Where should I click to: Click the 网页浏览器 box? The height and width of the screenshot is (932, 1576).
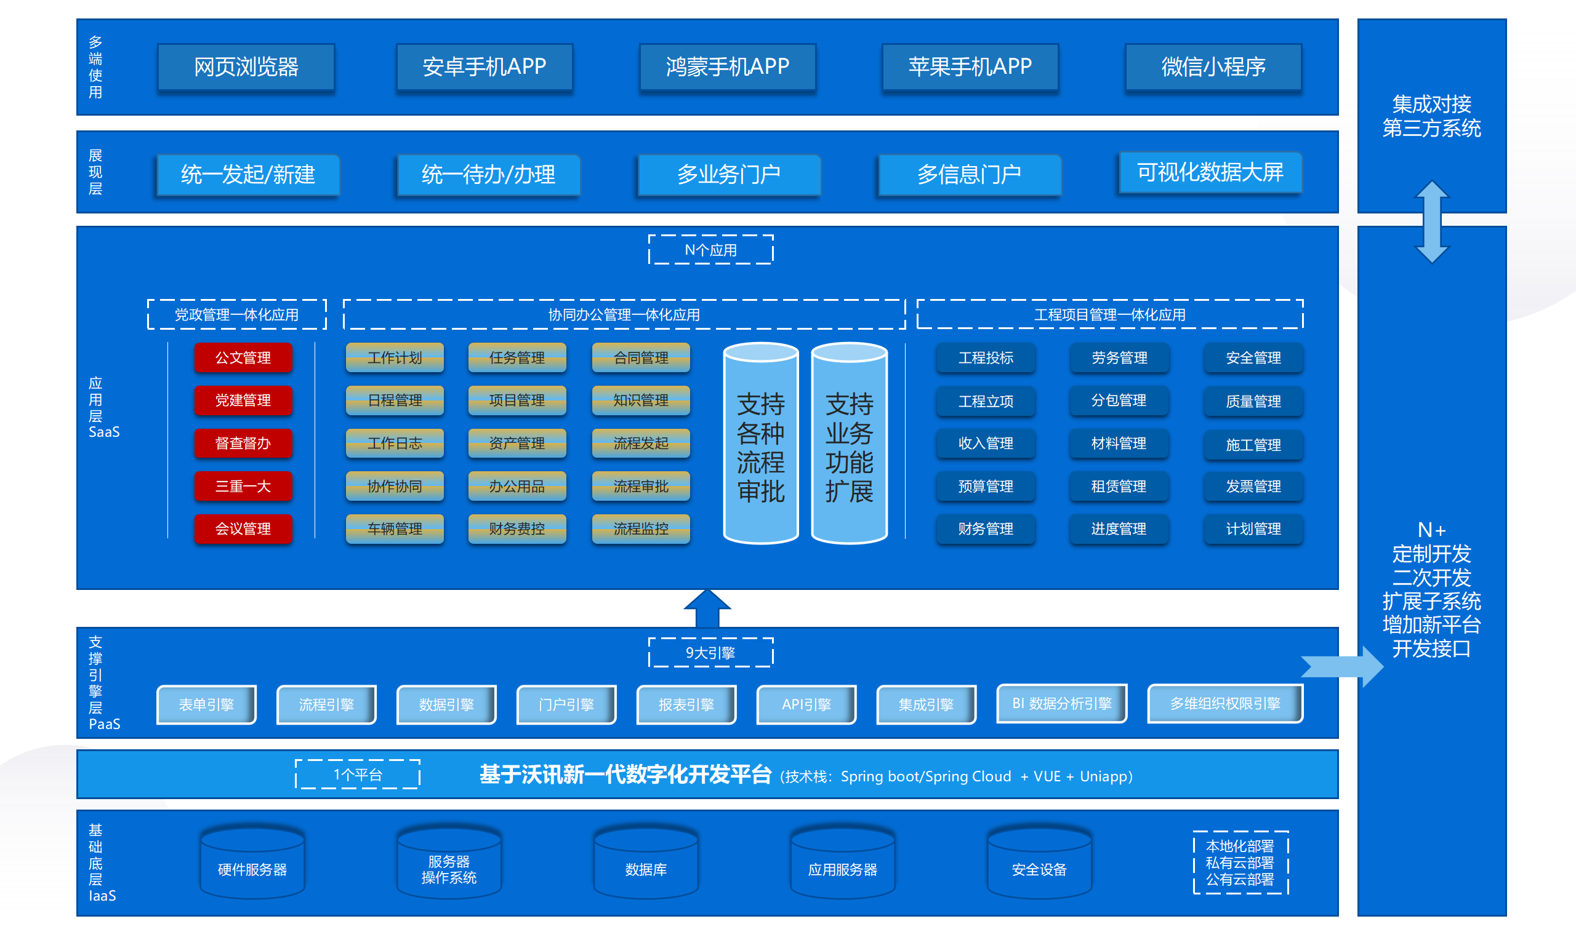tap(246, 67)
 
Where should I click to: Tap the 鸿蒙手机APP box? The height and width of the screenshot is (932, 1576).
tap(727, 67)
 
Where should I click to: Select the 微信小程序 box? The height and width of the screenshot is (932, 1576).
tap(1213, 67)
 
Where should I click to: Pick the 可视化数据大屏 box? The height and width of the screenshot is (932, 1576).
tap(1210, 173)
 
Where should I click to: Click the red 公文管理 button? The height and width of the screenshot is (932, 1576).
tap(243, 358)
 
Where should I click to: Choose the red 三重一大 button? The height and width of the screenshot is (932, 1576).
tap(243, 486)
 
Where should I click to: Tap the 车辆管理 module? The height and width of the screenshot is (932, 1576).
tap(395, 529)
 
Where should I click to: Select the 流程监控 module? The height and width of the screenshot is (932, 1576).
tap(641, 529)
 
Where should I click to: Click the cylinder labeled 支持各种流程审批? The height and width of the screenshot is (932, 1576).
tap(760, 446)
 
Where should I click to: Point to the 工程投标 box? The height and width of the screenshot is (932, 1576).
tap(986, 358)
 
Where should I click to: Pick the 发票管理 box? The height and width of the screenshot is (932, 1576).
tap(1253, 486)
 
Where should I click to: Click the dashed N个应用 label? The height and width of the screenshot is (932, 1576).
tap(710, 250)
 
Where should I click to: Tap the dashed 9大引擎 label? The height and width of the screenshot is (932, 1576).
tap(710, 653)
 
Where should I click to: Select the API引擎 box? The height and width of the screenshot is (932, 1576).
tap(806, 704)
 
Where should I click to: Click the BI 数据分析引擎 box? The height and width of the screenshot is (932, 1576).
tap(1061, 703)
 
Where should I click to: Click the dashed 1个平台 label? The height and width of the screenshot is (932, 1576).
tap(358, 775)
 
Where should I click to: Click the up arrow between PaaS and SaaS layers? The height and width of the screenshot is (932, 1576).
tap(707, 608)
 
